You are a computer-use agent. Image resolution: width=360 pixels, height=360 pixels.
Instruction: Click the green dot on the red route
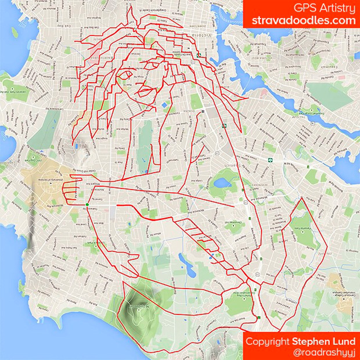pos(87,204)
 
